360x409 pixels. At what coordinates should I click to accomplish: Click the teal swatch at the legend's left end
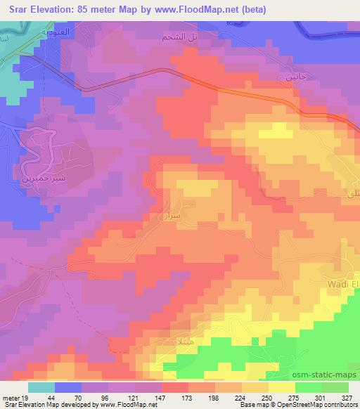pos(41,387)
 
